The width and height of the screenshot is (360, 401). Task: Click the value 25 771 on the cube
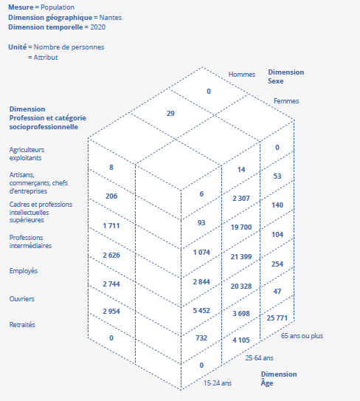pos(277,318)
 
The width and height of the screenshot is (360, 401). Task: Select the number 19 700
pos(241,227)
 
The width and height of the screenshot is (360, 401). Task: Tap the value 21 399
pos(241,256)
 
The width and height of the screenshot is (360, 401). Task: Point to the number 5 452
pos(201,310)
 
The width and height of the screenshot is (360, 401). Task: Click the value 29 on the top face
pos(170,113)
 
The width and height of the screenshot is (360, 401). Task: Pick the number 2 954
pos(111,311)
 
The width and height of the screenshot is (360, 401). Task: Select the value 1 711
pos(111,225)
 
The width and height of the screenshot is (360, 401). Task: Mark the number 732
pos(201,337)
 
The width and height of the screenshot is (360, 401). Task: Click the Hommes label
pos(242,75)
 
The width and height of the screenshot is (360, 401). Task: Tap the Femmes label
pos(286,101)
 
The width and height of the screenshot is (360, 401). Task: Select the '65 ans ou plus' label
pos(302,336)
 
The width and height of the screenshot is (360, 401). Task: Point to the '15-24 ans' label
pos(218,383)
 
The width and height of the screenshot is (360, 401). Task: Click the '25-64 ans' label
pos(259,357)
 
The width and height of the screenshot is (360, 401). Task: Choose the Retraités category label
pos(22,324)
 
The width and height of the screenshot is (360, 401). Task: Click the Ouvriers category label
pos(21,298)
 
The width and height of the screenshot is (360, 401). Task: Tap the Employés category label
pos(24,271)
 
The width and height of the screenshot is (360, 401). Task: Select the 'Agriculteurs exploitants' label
pos(27,154)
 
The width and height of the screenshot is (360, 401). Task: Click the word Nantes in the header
pos(111,18)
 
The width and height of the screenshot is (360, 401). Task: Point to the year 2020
pos(98,27)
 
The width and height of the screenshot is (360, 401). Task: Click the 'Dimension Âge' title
pos(279,378)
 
